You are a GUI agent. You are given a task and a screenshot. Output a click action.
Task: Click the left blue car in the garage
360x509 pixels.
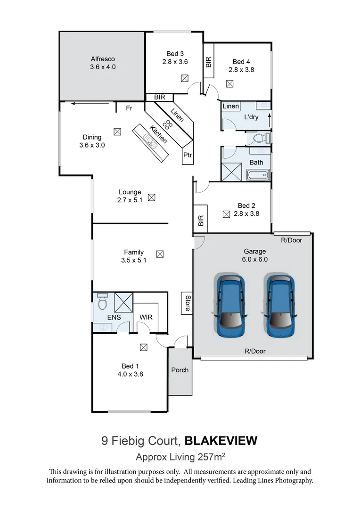[230, 306]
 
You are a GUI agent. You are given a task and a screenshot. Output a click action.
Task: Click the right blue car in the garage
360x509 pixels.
[280, 306]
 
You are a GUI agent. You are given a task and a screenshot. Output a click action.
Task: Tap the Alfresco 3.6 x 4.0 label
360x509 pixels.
[103, 63]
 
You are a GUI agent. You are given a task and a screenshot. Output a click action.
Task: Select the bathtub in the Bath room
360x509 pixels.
[257, 176]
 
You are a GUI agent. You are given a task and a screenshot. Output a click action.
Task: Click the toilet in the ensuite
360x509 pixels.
[102, 301]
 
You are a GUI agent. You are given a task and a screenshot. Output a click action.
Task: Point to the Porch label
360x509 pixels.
[180, 370]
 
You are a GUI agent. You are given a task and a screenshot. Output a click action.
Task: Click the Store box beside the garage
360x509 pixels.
[187, 303]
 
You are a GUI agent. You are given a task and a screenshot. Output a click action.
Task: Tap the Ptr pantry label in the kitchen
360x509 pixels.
[187, 155]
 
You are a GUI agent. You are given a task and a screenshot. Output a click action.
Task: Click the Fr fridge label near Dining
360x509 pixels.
[129, 108]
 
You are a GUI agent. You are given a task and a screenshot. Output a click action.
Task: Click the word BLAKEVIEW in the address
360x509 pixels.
[221, 441]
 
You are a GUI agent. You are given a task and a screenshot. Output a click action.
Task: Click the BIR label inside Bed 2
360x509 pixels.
[201, 221]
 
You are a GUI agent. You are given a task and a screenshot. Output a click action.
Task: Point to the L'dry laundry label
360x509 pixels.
[251, 117]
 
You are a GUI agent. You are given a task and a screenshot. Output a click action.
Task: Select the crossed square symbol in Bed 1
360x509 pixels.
[143, 347]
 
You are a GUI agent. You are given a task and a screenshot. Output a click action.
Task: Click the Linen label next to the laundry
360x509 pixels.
[231, 107]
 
